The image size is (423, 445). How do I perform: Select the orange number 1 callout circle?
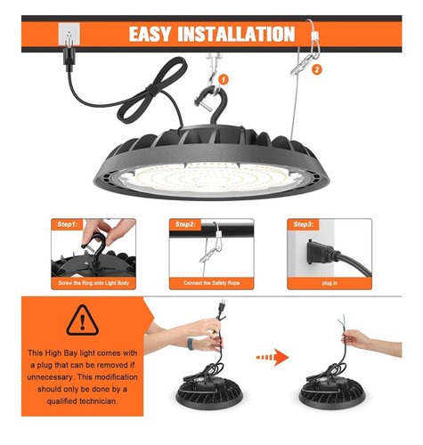tap(224, 78)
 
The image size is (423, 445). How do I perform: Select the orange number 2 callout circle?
tap(317, 68)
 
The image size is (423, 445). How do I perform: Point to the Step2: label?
tap(186, 224)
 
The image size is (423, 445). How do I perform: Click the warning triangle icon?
tap(82, 318)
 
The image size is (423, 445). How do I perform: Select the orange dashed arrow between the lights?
tap(272, 357)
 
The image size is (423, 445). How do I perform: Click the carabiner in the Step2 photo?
tap(207, 255)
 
